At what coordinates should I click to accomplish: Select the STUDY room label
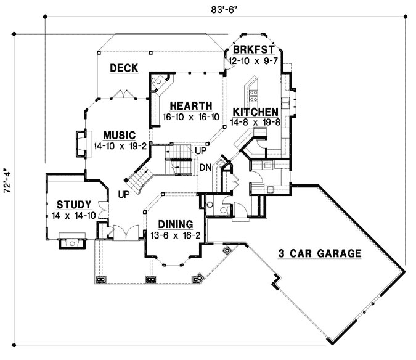coord(74,205)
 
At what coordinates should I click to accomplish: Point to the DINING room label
coord(176,224)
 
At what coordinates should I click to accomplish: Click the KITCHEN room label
coord(254,112)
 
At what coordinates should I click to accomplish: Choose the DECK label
coord(123,68)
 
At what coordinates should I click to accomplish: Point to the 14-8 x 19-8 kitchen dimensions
coord(254,122)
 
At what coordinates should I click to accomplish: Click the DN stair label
coord(206,167)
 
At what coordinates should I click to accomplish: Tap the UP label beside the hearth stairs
coord(200,150)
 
